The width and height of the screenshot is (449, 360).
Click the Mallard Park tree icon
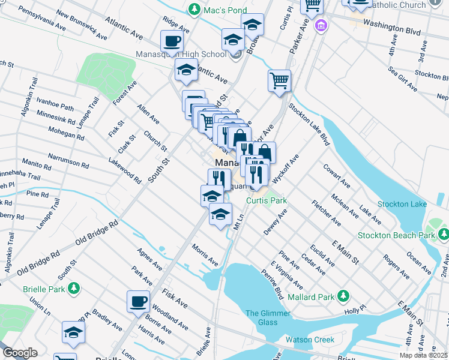point(343,296)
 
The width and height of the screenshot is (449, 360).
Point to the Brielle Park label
point(39,289)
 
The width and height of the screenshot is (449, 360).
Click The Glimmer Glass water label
point(268,317)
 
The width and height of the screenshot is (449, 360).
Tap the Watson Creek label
point(310,340)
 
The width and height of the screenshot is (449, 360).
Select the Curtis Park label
point(267,200)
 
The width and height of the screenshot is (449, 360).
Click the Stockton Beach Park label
point(396,235)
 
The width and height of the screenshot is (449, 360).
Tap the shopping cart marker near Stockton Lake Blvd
point(279,80)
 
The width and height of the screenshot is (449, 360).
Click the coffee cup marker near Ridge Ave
point(172,42)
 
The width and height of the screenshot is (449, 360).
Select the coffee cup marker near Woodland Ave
point(138,301)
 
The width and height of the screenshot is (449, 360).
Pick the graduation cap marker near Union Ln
point(73,332)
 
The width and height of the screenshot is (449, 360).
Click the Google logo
point(20,353)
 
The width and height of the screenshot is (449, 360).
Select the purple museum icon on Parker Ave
point(322,26)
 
